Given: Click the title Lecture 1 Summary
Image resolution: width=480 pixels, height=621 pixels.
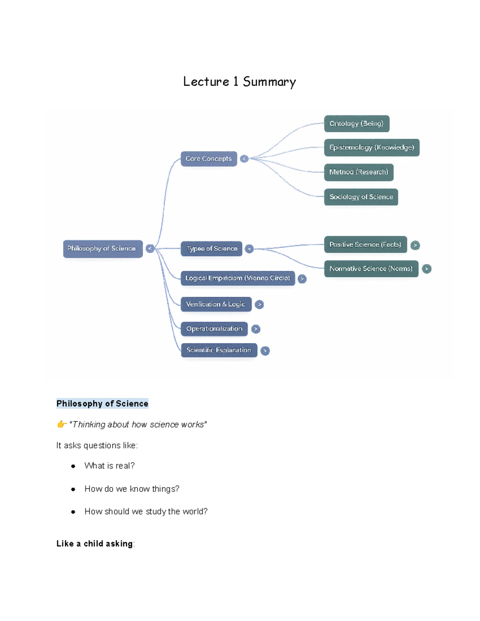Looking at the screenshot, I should [239, 82].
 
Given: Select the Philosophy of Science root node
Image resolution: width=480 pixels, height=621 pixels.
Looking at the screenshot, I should [103, 249].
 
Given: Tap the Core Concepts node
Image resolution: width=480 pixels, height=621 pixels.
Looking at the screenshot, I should [208, 159].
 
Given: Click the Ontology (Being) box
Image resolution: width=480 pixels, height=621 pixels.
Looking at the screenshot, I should [356, 124].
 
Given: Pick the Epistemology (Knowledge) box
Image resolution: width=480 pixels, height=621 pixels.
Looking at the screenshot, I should [372, 148].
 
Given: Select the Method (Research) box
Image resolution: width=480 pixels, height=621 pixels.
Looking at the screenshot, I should [359, 172].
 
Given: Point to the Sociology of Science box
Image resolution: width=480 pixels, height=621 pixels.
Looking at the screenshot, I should [361, 197].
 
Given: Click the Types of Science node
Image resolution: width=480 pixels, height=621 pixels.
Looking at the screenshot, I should [212, 249].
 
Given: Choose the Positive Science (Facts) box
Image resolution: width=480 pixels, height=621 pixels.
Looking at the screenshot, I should [365, 244].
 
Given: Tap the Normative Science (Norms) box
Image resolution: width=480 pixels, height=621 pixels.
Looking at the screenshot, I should [371, 269].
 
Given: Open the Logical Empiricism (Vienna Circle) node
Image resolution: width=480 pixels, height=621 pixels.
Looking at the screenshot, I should [238, 278].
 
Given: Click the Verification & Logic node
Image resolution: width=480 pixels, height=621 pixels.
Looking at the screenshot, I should [216, 304].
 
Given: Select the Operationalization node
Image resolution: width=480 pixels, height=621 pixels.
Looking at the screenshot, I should [214, 329].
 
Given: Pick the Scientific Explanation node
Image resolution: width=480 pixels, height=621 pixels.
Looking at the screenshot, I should [219, 350].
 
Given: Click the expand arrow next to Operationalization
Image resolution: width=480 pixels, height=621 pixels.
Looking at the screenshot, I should [256, 329].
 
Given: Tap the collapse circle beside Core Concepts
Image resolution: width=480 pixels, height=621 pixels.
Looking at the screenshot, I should [244, 159].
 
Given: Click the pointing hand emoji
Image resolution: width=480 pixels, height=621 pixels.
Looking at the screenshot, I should [61, 424].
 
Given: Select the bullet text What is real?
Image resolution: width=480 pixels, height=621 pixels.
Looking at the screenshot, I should [109, 466].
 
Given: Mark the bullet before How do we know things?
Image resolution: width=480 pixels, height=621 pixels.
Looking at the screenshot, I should [73, 489].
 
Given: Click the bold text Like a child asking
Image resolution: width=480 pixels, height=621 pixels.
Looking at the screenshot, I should [94, 544].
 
